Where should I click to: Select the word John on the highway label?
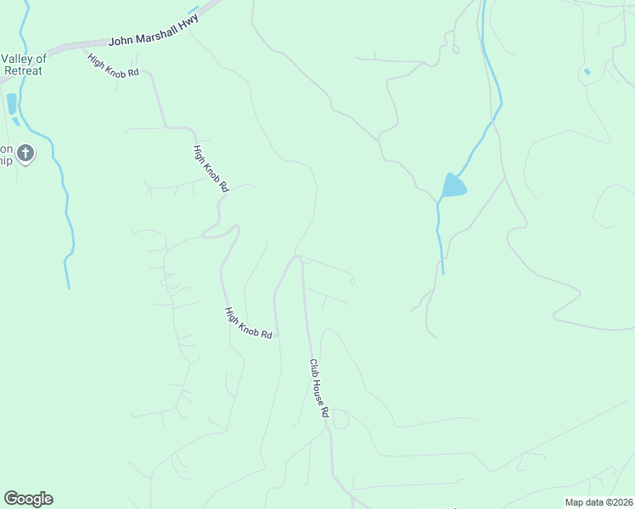[x=121, y=42]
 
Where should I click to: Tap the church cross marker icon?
[x=25, y=154]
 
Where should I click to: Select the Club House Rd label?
[x=318, y=389]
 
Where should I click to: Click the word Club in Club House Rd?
[x=314, y=367]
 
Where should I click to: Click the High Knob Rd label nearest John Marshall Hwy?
[x=113, y=66]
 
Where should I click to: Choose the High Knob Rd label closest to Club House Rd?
[x=248, y=323]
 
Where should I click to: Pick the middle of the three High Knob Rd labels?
[x=211, y=167]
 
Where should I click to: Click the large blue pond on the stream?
[x=452, y=185]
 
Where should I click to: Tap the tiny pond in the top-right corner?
[x=587, y=71]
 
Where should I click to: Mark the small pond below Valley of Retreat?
[x=11, y=104]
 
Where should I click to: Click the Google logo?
[x=28, y=499]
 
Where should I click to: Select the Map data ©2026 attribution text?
[x=598, y=502]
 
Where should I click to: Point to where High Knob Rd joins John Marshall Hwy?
[x=85, y=48]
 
